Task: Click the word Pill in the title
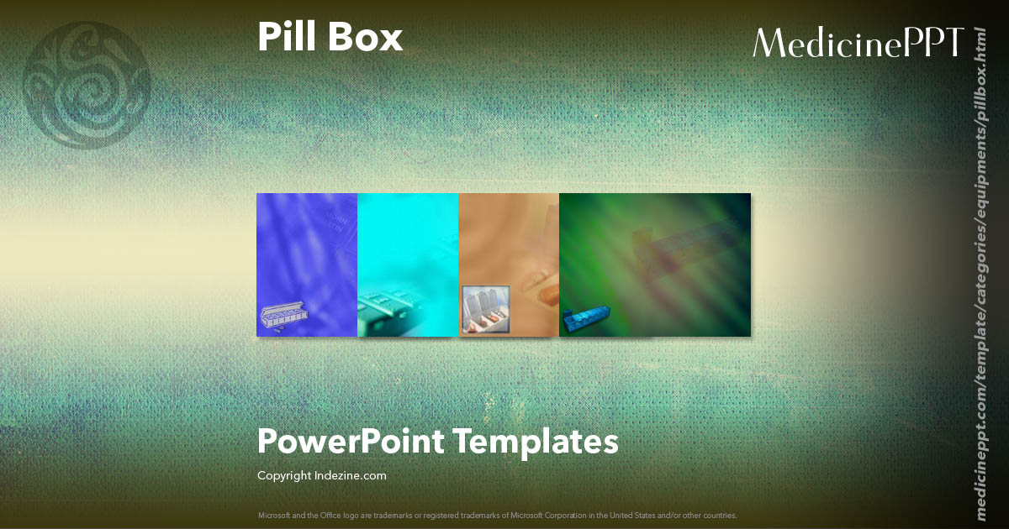coord(284,38)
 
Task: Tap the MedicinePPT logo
coord(858,43)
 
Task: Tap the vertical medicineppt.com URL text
coord(980,260)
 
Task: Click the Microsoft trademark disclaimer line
coord(497,515)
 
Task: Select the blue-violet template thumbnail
coord(307,252)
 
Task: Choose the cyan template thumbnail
coord(408,252)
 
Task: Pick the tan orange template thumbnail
coord(509,252)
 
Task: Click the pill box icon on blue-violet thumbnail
coord(280,320)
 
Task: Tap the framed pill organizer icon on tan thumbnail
coord(486,310)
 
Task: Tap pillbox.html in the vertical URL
coord(980,67)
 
